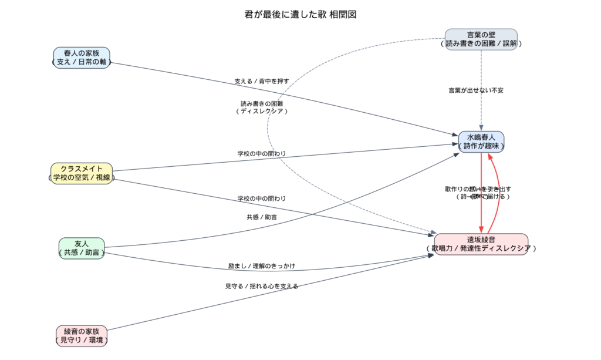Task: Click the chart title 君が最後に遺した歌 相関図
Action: point(300,15)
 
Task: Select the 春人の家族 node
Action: point(82,58)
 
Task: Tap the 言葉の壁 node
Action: point(481,39)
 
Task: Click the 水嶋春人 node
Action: point(481,142)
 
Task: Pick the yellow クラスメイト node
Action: point(82,173)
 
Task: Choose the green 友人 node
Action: point(82,248)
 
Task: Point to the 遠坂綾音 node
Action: point(481,244)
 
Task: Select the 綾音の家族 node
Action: point(82,335)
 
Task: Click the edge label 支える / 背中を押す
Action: point(261,81)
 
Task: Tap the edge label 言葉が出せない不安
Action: point(476,90)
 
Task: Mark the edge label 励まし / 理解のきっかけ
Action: point(261,266)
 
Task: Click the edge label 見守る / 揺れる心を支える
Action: point(261,286)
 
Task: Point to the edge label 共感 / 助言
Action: point(262,217)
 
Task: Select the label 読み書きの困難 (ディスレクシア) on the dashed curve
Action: point(262,107)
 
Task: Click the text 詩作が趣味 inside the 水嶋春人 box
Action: point(481,146)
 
